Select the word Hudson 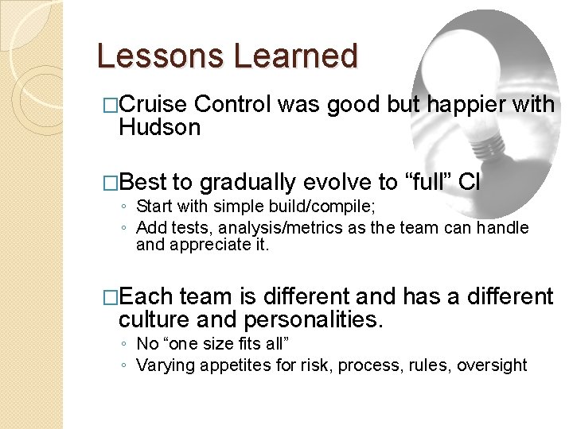tap(159, 127)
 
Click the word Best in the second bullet tap(143, 183)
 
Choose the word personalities tap(314, 320)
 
